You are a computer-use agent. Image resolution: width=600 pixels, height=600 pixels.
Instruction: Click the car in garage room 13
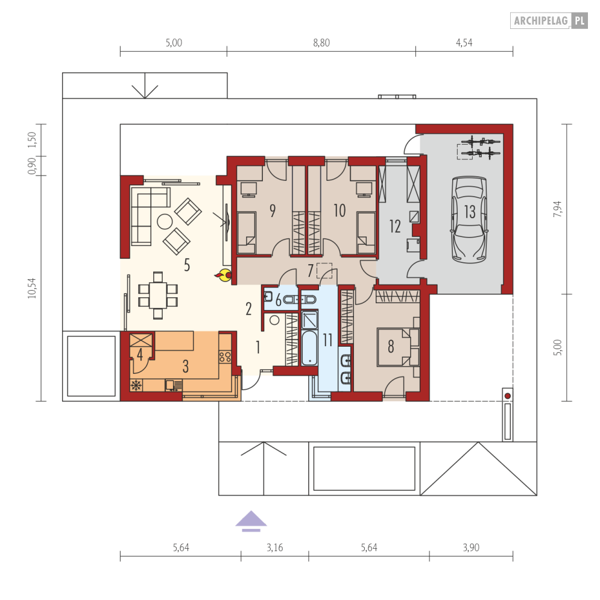[469, 220]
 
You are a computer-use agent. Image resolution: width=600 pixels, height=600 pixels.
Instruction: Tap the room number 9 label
[273, 210]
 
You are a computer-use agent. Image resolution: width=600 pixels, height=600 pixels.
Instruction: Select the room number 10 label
[339, 210]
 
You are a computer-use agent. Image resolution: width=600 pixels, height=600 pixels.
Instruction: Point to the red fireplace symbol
[224, 276]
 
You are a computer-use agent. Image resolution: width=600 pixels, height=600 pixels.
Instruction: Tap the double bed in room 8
[395, 347]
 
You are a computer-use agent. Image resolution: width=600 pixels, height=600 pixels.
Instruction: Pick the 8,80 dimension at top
[321, 43]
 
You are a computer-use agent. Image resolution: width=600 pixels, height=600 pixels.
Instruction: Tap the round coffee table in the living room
[164, 221]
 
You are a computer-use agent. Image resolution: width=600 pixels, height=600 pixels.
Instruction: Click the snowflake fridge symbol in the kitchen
[136, 385]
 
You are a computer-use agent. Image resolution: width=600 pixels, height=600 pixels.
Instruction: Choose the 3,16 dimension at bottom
[274, 548]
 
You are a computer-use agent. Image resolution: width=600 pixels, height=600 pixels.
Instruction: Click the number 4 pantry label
[139, 354]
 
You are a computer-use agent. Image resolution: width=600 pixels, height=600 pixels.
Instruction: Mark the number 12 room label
[395, 226]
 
